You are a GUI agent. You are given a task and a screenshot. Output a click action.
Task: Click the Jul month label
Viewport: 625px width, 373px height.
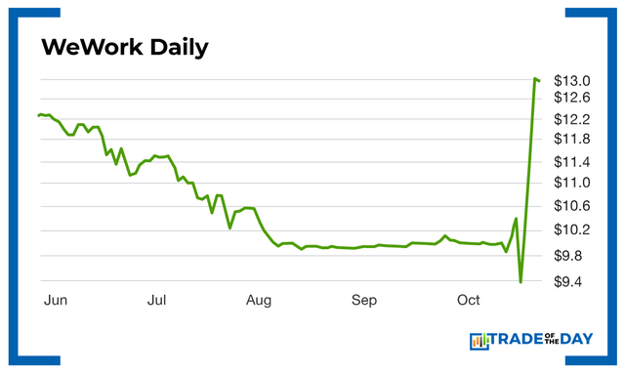click(x=159, y=302)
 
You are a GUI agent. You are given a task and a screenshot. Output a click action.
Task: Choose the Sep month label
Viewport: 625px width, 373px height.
click(x=364, y=302)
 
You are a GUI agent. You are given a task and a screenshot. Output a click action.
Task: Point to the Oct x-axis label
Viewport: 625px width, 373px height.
click(x=469, y=302)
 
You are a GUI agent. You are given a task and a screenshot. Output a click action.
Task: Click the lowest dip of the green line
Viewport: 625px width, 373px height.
click(x=521, y=282)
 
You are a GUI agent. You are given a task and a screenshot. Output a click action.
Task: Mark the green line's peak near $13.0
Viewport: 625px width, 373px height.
click(x=535, y=78)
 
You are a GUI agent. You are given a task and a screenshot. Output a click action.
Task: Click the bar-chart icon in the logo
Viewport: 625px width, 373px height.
click(x=479, y=341)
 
